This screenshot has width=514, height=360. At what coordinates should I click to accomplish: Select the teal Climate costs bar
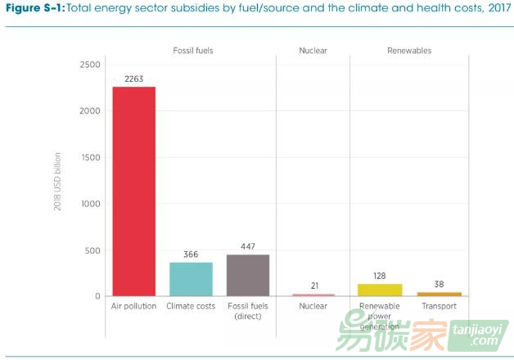191,279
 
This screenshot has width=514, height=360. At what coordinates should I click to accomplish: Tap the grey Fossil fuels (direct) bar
247,275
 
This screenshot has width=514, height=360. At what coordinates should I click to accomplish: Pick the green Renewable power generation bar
379,290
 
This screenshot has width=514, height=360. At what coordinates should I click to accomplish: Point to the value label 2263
134,79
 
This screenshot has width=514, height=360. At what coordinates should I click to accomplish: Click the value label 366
191,254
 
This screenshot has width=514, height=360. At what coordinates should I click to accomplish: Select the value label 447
247,246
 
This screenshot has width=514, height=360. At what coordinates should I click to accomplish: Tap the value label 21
313,286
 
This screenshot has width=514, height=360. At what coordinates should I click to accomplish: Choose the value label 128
379,276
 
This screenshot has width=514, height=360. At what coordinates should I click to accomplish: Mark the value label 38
440,284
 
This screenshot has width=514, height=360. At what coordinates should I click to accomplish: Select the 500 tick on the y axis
92,250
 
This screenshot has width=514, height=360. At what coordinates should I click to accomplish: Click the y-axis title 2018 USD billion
58,181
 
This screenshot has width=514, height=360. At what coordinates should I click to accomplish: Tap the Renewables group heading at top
408,51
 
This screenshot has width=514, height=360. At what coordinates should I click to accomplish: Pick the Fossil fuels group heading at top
193,51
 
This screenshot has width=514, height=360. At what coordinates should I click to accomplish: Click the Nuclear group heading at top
313,51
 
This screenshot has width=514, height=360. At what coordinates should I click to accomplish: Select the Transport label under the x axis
440,306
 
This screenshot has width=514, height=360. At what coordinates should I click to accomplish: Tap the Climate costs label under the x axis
191,306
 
